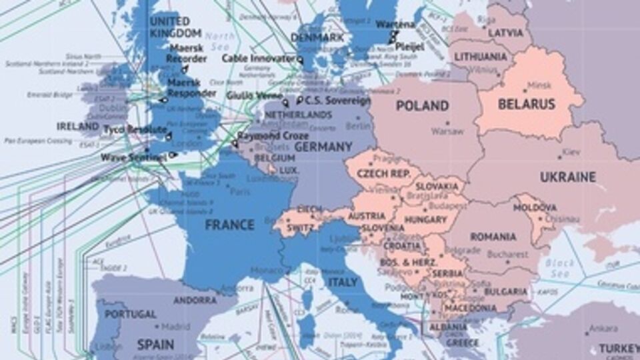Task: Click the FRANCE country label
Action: (x=229, y=225)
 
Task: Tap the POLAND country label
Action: (x=422, y=106)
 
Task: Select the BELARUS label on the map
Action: (x=527, y=104)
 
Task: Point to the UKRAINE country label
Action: (x=567, y=177)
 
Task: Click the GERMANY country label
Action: (x=323, y=147)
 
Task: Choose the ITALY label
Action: (x=343, y=282)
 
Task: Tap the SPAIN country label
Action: (x=155, y=345)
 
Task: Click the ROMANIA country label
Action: (x=493, y=237)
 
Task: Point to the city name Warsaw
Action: (x=447, y=131)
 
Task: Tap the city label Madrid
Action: (x=176, y=327)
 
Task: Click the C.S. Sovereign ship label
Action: (x=337, y=101)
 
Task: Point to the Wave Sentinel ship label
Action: (x=133, y=158)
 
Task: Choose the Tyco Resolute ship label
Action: (x=135, y=129)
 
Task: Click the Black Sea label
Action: (x=559, y=268)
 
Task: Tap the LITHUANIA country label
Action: (x=480, y=57)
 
